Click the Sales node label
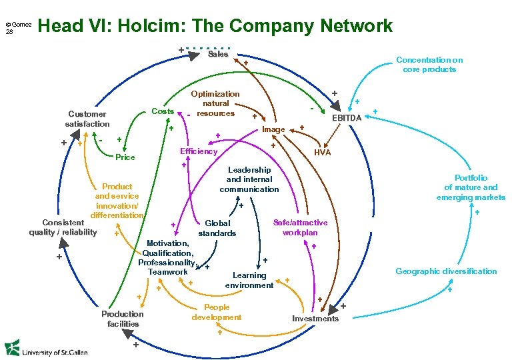[x=218, y=54]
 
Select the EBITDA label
[x=347, y=118]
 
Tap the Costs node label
[x=163, y=111]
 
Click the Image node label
[x=273, y=129]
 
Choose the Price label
[x=125, y=157]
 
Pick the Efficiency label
[x=199, y=151]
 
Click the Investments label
[x=315, y=318]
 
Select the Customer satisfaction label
[x=87, y=119]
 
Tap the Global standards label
[x=217, y=228]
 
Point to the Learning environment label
[x=249, y=280]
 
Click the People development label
[x=217, y=312]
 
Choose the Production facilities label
[x=123, y=319]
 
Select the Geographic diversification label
[x=446, y=271]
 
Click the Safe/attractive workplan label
[x=300, y=227]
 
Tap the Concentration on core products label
[x=429, y=65]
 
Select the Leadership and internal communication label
[x=249, y=179]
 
